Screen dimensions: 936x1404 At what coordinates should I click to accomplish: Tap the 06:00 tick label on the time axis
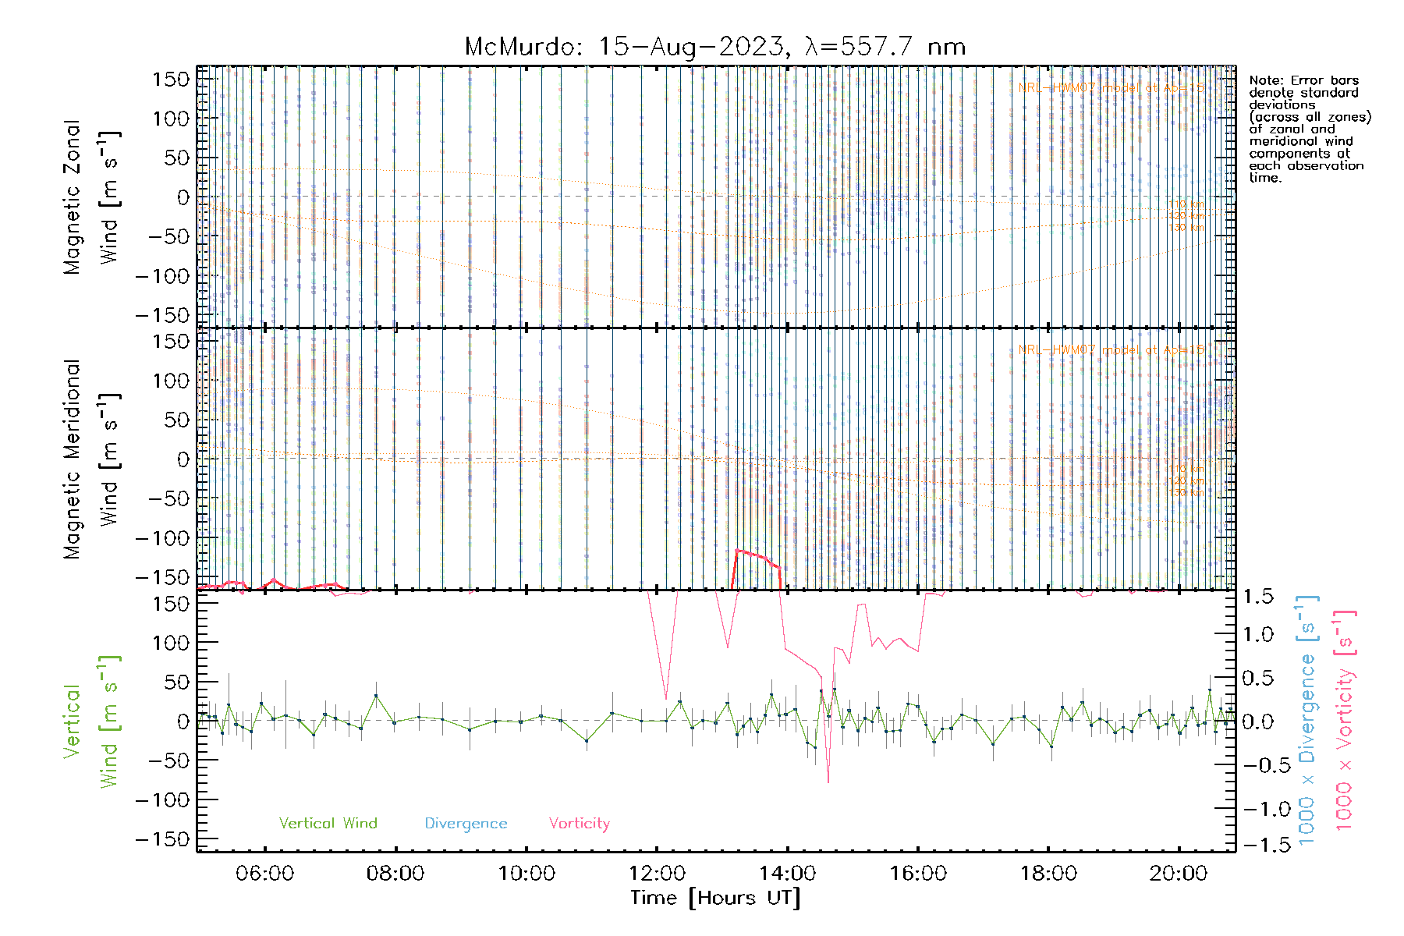pos(264,873)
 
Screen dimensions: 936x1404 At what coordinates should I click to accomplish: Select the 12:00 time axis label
pos(657,873)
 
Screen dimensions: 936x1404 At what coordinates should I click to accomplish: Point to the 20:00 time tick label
pos(1179,873)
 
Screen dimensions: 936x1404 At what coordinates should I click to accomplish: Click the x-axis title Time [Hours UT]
pos(715,898)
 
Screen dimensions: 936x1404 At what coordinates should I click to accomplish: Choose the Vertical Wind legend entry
pos(328,823)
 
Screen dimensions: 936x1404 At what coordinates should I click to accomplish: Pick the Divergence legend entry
pos(466,823)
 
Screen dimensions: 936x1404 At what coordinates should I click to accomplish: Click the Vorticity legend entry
pos(579,823)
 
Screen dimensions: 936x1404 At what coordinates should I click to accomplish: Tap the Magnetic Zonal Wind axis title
pos(92,197)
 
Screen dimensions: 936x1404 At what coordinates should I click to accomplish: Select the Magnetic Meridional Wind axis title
pos(92,459)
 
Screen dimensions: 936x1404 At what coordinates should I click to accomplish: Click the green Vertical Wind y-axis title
pos(92,721)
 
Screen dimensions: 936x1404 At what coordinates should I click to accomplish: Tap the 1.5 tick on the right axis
pos(1258,597)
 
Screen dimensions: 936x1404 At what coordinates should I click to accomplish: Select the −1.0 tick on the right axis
pos(1258,809)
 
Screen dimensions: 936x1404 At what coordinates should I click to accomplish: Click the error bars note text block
pos(1309,129)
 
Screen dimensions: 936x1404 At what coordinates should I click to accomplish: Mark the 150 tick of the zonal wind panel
pos(172,79)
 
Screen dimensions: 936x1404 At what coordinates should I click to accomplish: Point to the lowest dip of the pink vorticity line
pos(828,782)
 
